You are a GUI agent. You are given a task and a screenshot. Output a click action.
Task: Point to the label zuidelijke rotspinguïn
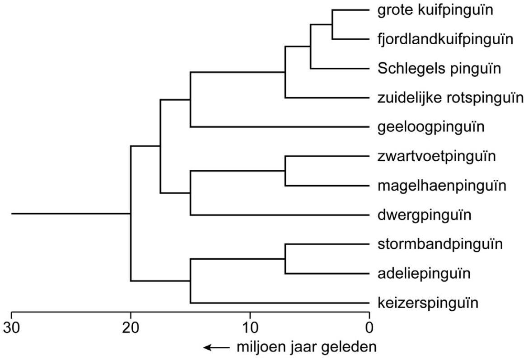(x=450, y=98)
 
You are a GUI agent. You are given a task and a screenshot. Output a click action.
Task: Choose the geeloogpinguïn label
(x=430, y=127)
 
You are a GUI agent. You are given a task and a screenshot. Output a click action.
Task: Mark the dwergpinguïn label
(x=424, y=215)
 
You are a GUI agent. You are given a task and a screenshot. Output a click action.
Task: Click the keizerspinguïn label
(x=427, y=303)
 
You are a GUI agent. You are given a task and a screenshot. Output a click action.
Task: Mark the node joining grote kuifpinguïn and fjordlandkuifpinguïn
(x=332, y=25)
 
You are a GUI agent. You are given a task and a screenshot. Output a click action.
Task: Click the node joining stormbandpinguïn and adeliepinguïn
(x=285, y=259)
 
